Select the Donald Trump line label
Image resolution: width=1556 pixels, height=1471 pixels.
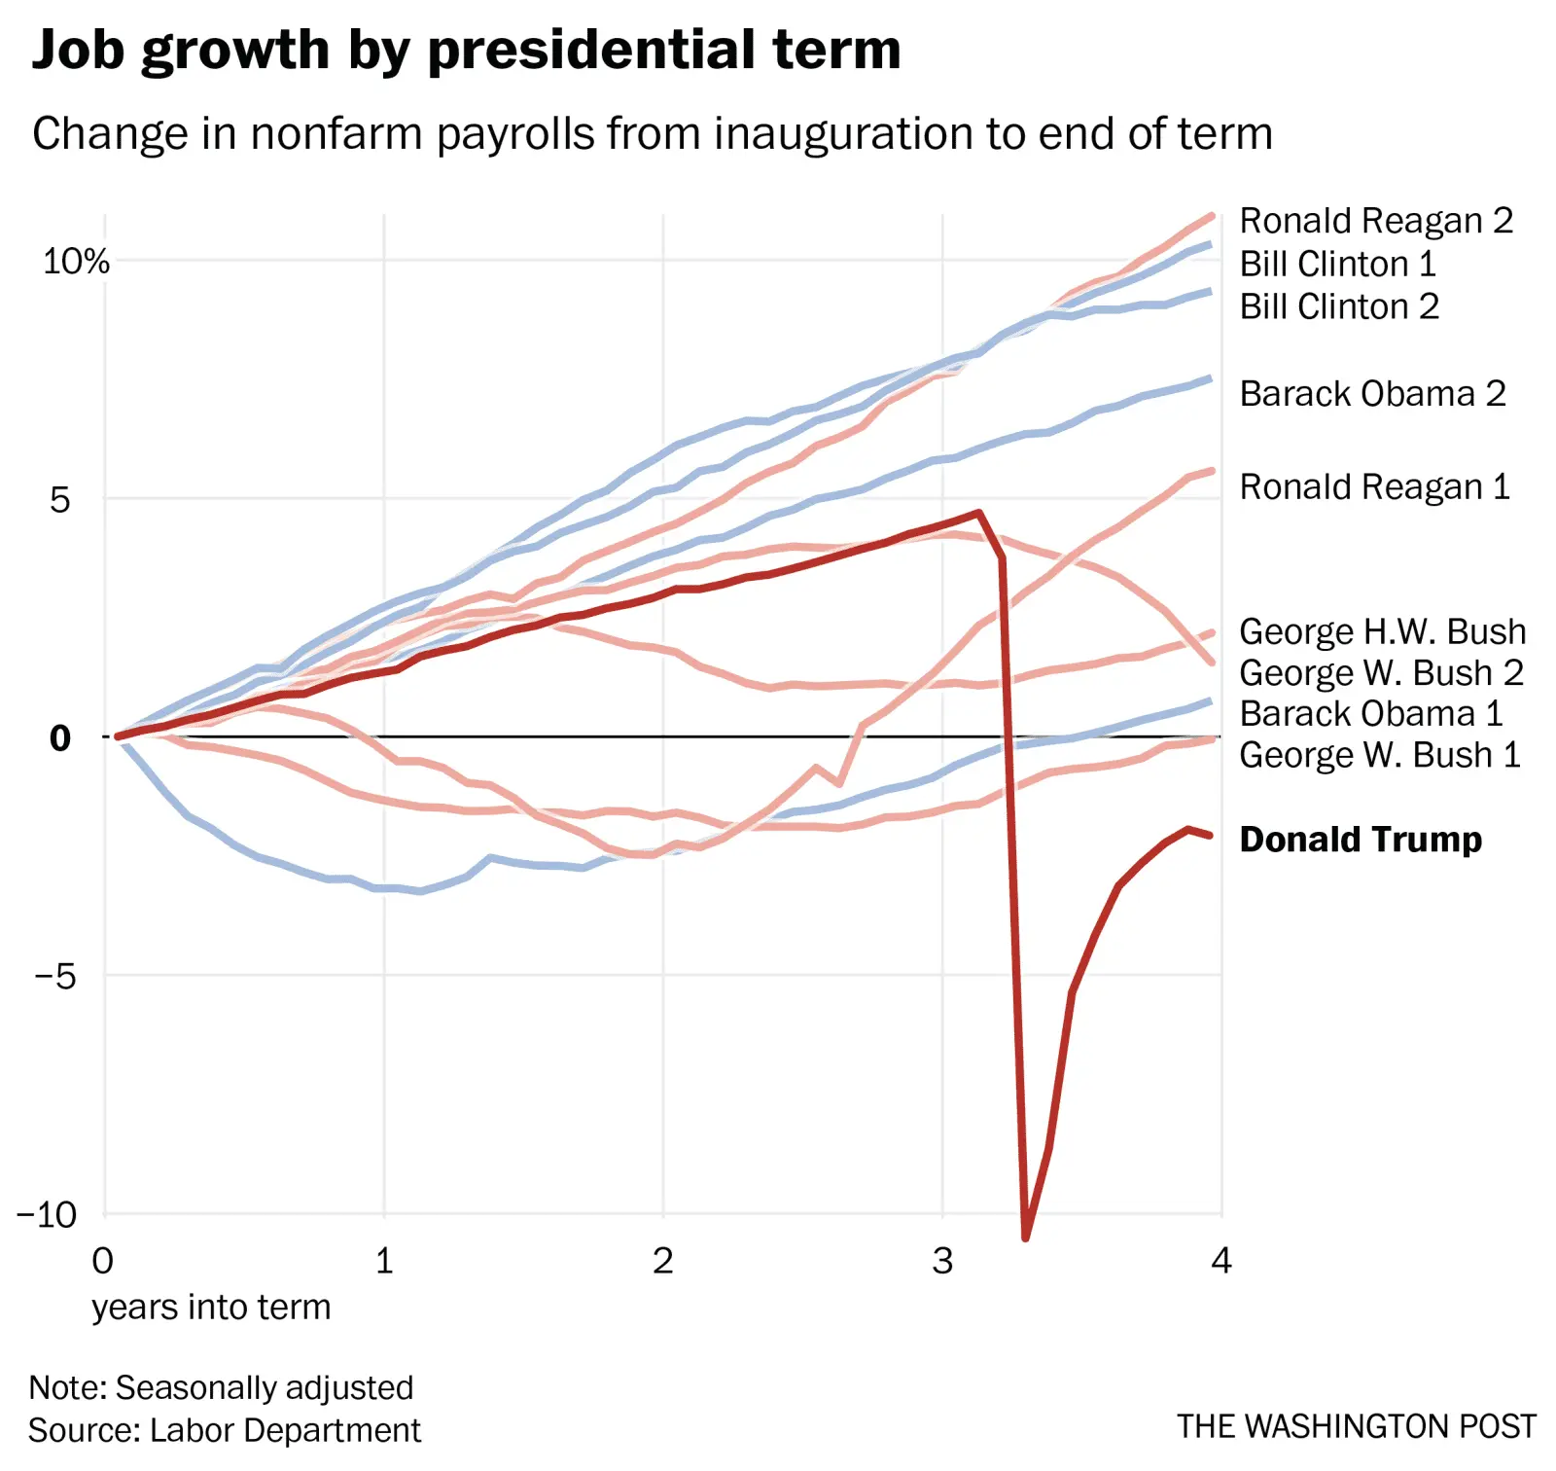[1360, 839]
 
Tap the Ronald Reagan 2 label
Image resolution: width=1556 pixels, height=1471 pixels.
[1375, 221]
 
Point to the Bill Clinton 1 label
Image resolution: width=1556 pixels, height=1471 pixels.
[1337, 264]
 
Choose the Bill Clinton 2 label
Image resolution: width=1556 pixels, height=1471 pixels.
[1338, 306]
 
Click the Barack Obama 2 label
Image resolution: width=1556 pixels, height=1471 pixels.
[1372, 393]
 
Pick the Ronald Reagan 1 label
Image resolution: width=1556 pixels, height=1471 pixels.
[1374, 486]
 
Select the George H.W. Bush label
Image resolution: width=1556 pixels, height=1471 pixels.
[1382, 631]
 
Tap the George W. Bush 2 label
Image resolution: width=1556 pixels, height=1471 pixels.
[1381, 672]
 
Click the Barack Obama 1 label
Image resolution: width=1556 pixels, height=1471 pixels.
[1371, 713]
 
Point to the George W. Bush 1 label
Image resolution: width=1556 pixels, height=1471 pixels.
[1379, 755]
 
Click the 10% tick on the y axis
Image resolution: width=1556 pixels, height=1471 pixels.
[76, 261]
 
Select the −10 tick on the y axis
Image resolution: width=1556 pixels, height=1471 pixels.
[47, 1214]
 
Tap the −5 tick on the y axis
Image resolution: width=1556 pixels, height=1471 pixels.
[55, 975]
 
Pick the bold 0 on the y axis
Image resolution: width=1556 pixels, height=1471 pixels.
[60, 737]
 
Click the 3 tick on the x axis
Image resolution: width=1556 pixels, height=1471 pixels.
[942, 1261]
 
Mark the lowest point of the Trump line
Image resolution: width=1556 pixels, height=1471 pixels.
[1026, 1237]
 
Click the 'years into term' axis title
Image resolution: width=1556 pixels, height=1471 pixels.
[211, 1307]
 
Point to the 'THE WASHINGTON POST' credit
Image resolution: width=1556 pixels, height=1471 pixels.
[1356, 1426]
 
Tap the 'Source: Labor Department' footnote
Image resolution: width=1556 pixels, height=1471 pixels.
[224, 1430]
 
